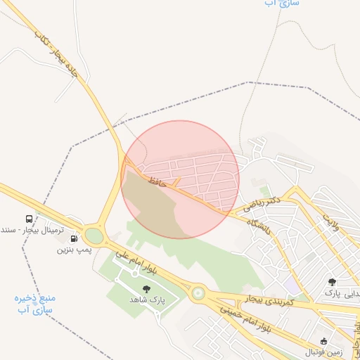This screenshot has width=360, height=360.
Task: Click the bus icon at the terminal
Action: click(29, 218)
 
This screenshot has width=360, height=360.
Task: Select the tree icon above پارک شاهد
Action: click(146, 289)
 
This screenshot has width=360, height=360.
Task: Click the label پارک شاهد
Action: click(146, 300)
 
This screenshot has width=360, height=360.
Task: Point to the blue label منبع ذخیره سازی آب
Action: click(35, 303)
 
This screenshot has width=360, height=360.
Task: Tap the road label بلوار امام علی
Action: click(150, 261)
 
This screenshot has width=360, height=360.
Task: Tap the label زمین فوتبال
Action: click(321, 351)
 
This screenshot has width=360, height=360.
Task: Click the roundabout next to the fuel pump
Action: click(94, 235)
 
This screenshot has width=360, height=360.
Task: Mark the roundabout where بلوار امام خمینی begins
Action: click(198, 292)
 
